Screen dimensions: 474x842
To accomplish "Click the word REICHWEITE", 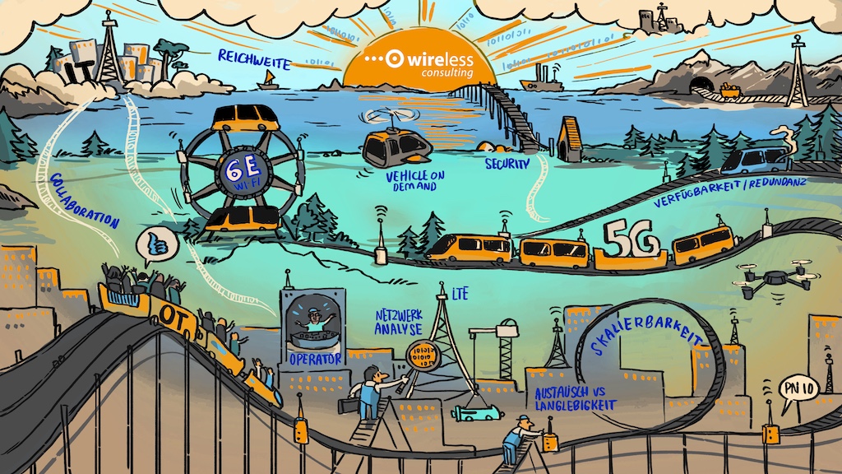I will [254, 58].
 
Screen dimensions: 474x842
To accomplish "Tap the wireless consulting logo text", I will [421, 63].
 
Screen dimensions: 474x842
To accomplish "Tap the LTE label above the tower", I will [460, 290].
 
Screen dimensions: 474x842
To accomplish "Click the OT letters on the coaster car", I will [178, 316].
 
